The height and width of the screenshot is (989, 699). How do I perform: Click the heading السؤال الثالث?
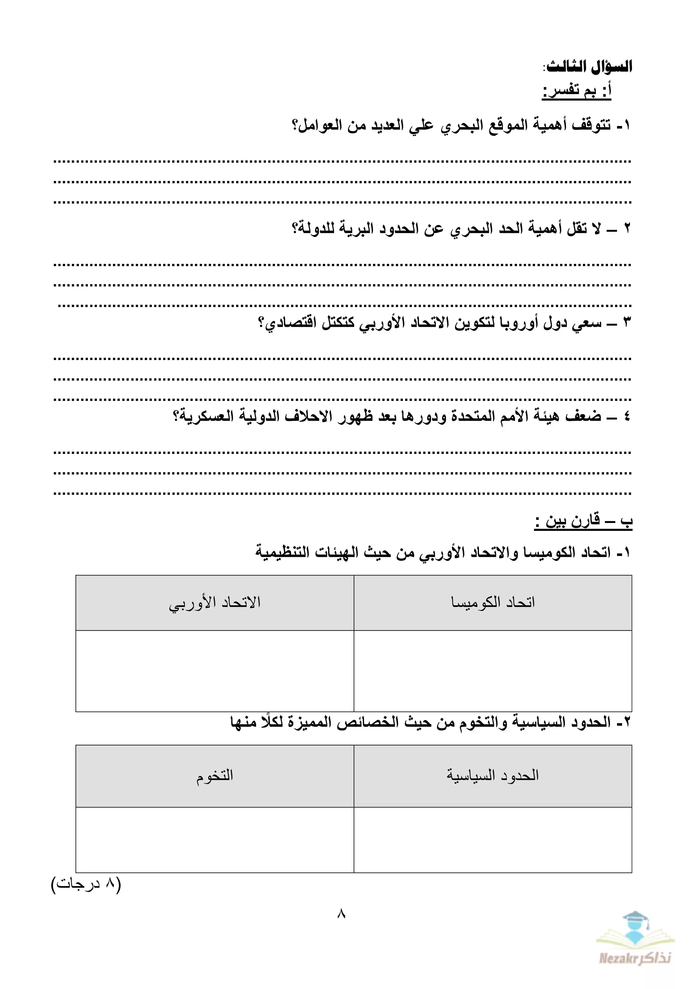tap(589, 67)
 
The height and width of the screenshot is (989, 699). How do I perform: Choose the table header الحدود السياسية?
tap(493, 775)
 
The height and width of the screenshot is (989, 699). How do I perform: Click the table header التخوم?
tap(215, 775)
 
